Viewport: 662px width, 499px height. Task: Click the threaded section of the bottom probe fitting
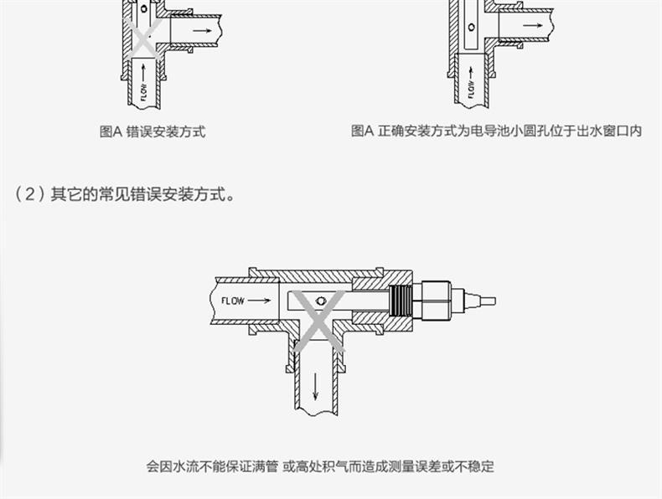pyautogui.click(x=401, y=299)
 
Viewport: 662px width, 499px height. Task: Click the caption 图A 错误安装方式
pyautogui.click(x=152, y=131)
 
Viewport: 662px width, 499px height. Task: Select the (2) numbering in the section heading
pyautogui.click(x=29, y=194)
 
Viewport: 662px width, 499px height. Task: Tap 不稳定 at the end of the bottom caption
pyautogui.click(x=475, y=466)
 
